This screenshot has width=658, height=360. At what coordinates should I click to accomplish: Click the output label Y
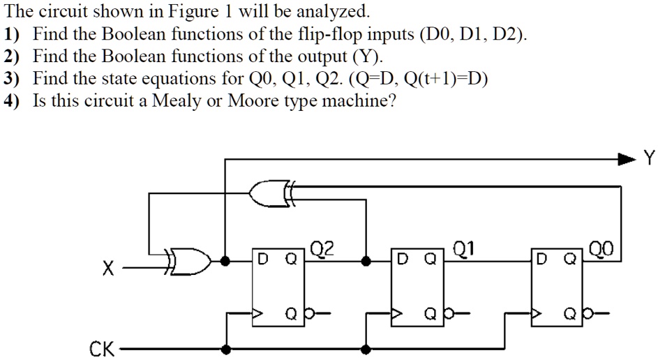[650, 159]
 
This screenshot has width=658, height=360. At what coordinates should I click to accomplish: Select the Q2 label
[322, 248]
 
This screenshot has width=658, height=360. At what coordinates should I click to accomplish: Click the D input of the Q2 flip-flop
[262, 261]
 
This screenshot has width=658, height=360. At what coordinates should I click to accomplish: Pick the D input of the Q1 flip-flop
[401, 261]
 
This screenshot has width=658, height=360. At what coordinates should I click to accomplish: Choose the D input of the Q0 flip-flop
[541, 261]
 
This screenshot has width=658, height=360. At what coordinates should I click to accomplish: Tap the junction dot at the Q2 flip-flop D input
[224, 261]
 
